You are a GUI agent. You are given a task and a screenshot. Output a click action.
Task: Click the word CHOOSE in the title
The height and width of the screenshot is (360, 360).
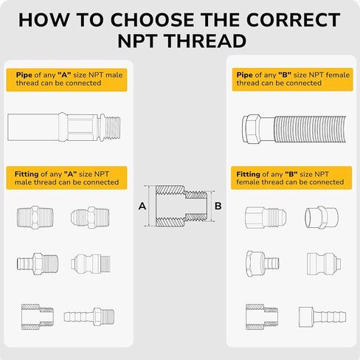pos(152,20)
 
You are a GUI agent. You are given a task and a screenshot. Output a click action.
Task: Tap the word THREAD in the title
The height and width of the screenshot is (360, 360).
pos(206,41)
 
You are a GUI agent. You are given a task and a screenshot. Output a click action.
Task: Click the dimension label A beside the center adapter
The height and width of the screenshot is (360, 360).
pos(142,206)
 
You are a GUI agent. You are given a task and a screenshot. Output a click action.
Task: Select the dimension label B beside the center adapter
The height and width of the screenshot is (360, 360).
pos(218,206)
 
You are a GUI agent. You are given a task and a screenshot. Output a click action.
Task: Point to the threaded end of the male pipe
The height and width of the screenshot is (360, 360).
pos(110,127)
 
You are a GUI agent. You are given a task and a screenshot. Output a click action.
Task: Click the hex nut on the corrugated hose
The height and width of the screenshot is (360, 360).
pos(252,128)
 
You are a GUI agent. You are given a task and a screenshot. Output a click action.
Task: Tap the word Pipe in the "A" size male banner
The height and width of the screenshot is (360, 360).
pos(24,75)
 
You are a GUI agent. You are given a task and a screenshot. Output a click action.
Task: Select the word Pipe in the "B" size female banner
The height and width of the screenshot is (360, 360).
pos(244,75)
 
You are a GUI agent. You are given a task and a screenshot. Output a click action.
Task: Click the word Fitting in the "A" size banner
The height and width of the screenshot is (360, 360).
pos(27,174)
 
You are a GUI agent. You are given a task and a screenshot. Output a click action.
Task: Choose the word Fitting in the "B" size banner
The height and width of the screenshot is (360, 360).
pos(248,174)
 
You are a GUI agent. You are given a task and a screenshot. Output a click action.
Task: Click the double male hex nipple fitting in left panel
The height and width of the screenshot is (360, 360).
pos(35,218)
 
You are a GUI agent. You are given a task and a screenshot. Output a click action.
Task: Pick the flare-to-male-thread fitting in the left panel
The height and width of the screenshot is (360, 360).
pos(90,218)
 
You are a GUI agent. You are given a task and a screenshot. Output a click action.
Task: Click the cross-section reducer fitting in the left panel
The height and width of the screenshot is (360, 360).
pos(38,316)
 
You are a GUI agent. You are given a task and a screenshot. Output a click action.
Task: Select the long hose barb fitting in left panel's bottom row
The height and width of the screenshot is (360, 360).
pos(89,316)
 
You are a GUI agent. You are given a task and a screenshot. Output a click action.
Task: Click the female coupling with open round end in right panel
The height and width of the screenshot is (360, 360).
pos(322,218)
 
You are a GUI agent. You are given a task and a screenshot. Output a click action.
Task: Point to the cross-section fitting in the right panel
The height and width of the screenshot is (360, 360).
pos(262,316)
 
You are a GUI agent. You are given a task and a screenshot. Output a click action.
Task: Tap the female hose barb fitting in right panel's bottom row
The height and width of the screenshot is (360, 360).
pos(322,317)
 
